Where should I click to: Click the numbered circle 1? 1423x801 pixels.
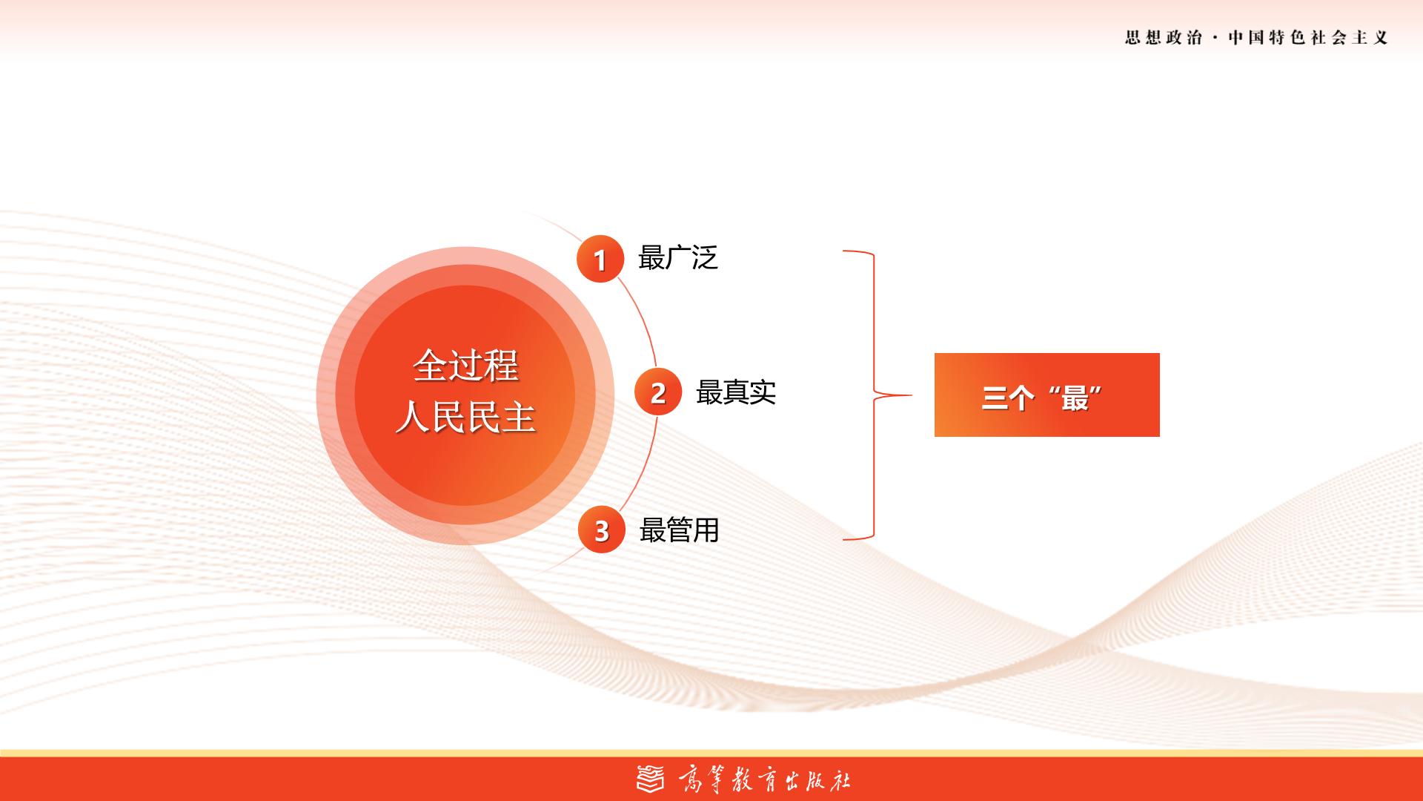pos(600,259)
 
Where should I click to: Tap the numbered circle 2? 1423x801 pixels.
pos(658,392)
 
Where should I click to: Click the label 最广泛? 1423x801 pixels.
pos(678,258)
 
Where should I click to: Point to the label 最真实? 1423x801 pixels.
pos(736,392)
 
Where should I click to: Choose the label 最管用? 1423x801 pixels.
pos(680,530)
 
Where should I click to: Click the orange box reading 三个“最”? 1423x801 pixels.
pos(1046,395)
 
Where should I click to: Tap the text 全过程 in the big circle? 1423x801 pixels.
pos(465,365)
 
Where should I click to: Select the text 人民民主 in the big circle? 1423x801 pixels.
pos(465,417)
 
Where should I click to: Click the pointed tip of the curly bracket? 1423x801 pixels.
pos(912,395)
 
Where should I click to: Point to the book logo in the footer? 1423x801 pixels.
pos(651,779)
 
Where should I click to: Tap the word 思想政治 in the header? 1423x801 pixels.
pos(1164,38)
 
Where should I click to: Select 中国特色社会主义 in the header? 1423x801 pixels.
pos(1308,38)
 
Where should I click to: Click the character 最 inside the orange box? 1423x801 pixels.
pos(1074,399)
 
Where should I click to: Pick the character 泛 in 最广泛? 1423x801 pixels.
pos(706,258)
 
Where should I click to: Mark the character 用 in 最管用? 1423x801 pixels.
pos(707,530)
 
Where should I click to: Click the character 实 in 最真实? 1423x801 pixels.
pos(763,392)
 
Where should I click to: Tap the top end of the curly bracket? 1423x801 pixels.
pos(843,251)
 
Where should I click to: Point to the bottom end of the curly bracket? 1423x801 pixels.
pos(843,539)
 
